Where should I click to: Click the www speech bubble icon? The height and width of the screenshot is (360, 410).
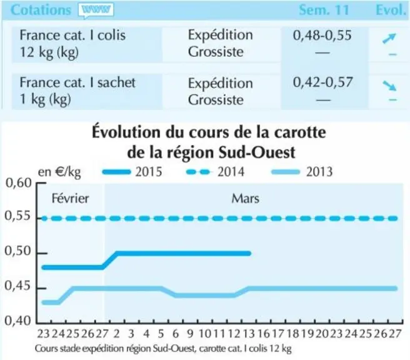tap(96, 11)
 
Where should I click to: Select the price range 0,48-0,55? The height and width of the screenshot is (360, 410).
tap(322, 35)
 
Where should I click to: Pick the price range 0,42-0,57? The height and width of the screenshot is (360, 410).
tap(322, 82)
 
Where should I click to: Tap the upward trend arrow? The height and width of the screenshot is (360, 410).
tap(389, 38)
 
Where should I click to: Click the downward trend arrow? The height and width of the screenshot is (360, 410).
tap(389, 86)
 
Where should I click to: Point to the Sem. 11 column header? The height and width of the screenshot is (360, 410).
tap(324, 10)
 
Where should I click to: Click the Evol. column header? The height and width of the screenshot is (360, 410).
tap(391, 10)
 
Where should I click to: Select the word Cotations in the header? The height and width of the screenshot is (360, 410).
tap(41, 10)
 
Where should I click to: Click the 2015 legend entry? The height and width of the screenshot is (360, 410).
tap(132, 172)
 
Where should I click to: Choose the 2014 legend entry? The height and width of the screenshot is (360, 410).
tap(215, 172)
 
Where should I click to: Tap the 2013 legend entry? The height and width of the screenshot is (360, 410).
tap(302, 172)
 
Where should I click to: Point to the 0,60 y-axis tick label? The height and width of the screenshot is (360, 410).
tap(18, 183)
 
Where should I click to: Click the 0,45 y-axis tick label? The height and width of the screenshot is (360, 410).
tap(17, 286)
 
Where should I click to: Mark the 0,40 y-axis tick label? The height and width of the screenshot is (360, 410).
tap(17, 321)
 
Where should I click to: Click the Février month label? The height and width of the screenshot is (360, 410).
tap(71, 198)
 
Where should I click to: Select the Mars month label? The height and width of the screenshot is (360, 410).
tap(245, 199)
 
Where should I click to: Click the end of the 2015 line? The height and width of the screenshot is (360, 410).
tap(249, 253)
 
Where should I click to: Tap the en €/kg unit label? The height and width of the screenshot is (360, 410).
tap(59, 172)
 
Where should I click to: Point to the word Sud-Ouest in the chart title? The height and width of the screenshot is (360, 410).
tap(257, 152)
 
